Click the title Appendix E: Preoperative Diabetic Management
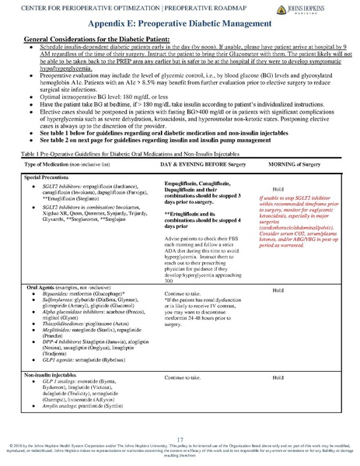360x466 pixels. pyautogui.click(x=180, y=24)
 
